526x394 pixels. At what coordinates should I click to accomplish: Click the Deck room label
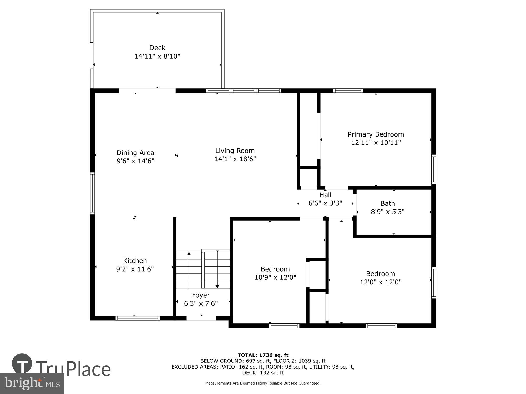157,48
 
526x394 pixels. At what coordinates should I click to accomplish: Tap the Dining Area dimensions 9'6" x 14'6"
135,161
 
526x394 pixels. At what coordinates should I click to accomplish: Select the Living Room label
235,151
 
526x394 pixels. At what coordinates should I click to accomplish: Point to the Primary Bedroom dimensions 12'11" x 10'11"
376,143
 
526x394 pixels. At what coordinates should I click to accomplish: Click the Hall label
325,195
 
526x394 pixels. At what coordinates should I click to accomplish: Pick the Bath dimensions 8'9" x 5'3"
387,212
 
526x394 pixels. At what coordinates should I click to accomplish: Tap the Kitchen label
135,261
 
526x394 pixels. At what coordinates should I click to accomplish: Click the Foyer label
201,295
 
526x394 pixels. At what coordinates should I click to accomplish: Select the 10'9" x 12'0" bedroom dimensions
275,277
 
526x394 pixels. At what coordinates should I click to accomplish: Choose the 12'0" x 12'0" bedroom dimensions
380,282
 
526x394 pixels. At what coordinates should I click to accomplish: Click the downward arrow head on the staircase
217,286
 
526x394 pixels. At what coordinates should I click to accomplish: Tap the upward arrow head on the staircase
189,253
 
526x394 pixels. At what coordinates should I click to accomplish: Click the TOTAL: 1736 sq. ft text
263,355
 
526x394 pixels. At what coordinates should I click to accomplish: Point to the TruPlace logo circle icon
22,364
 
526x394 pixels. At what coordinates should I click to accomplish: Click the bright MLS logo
32,383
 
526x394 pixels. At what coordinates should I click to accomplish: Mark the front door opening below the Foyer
201,318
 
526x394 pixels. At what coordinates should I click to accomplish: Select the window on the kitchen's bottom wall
138,318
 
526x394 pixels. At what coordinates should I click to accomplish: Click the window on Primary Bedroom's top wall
348,91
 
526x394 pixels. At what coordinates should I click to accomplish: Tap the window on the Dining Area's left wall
92,193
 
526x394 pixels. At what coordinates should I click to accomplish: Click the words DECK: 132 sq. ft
263,372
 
